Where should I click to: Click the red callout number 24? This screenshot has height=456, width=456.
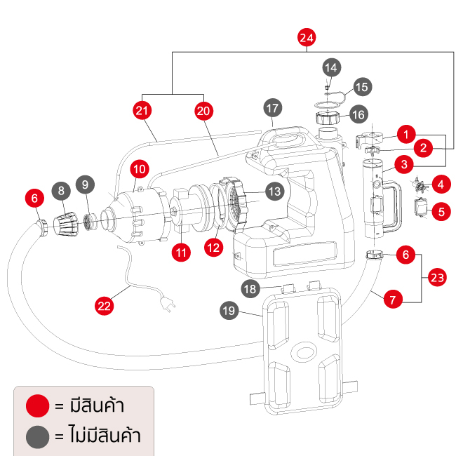[x=306, y=38]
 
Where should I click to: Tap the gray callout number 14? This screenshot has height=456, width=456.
[x=331, y=67]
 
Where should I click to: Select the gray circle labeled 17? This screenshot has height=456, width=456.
[x=273, y=108]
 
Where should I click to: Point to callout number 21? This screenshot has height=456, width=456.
[x=142, y=110]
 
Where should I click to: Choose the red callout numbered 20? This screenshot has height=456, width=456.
[x=203, y=110]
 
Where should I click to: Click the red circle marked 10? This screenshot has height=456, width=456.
[x=138, y=168]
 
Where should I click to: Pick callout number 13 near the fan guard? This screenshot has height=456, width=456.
[x=273, y=191]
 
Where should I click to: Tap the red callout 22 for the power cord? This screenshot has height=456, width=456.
[x=104, y=305]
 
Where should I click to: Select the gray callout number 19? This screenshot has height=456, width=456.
[x=229, y=310]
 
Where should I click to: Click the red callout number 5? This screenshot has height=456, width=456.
[x=441, y=210]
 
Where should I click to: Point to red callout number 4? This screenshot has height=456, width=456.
[x=440, y=185]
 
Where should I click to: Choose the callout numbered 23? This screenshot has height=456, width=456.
[x=437, y=278]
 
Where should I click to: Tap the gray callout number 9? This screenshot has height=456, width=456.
[x=86, y=185]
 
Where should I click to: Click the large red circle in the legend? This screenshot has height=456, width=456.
[x=37, y=405]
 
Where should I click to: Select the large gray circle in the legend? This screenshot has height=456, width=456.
[x=37, y=437]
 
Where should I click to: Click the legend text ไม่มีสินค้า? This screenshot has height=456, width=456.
[x=106, y=436]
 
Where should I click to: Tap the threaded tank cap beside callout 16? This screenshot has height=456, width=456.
[x=329, y=116]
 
